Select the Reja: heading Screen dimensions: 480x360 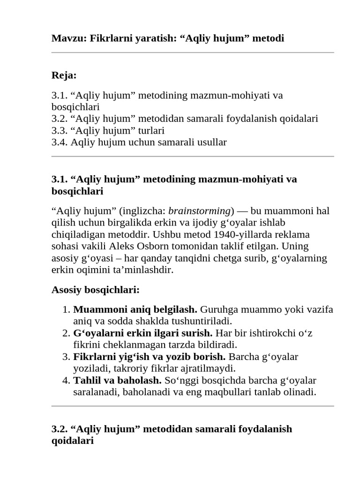coord(64,75)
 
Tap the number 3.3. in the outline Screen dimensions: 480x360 coord(60,130)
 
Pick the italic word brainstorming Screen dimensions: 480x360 coord(200,210)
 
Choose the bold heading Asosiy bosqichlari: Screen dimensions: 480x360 coord(96,290)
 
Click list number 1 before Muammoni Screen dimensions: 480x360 coord(65,309)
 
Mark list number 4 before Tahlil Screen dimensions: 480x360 coord(65,380)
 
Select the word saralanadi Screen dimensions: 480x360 coord(96,392)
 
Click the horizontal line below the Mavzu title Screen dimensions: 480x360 coord(192,52)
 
